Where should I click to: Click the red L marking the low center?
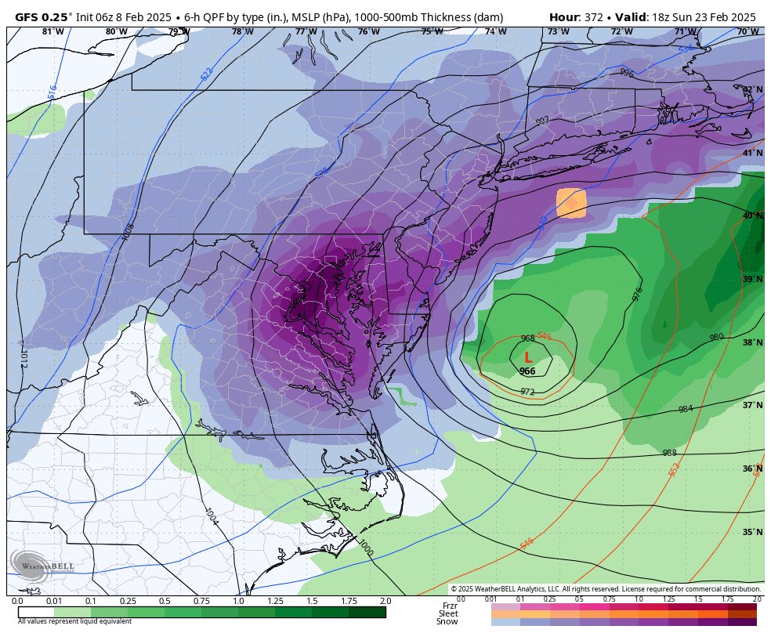point(528,357)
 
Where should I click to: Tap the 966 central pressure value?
point(527,371)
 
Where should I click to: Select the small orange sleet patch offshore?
point(571,202)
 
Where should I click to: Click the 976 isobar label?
point(636,294)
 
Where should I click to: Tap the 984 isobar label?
point(686,409)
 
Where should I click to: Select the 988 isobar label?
point(669,453)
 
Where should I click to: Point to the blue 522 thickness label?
point(206,73)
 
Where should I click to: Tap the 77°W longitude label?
point(306,32)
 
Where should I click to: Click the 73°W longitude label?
point(558,32)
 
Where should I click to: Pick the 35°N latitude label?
point(752,533)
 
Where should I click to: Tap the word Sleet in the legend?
point(448,613)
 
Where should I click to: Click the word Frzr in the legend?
point(450,606)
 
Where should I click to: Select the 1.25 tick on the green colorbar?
point(275,601)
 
